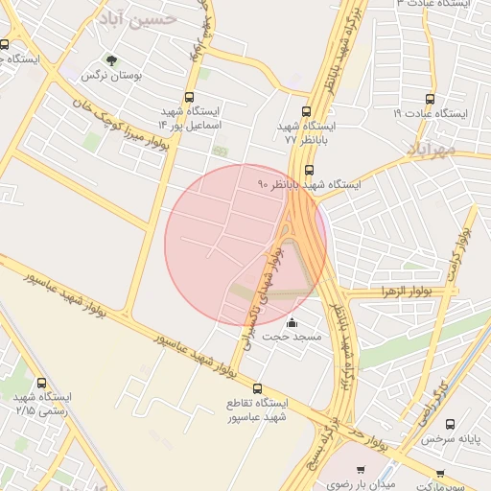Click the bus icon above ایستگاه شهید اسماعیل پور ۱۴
click(x=189, y=97)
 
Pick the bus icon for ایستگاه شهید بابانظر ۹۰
click(x=307, y=169)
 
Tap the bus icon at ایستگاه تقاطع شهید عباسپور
click(x=257, y=386)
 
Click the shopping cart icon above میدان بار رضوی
click(x=361, y=470)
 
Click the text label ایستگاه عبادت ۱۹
click(x=429, y=113)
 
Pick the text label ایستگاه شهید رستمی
click(x=38, y=403)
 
